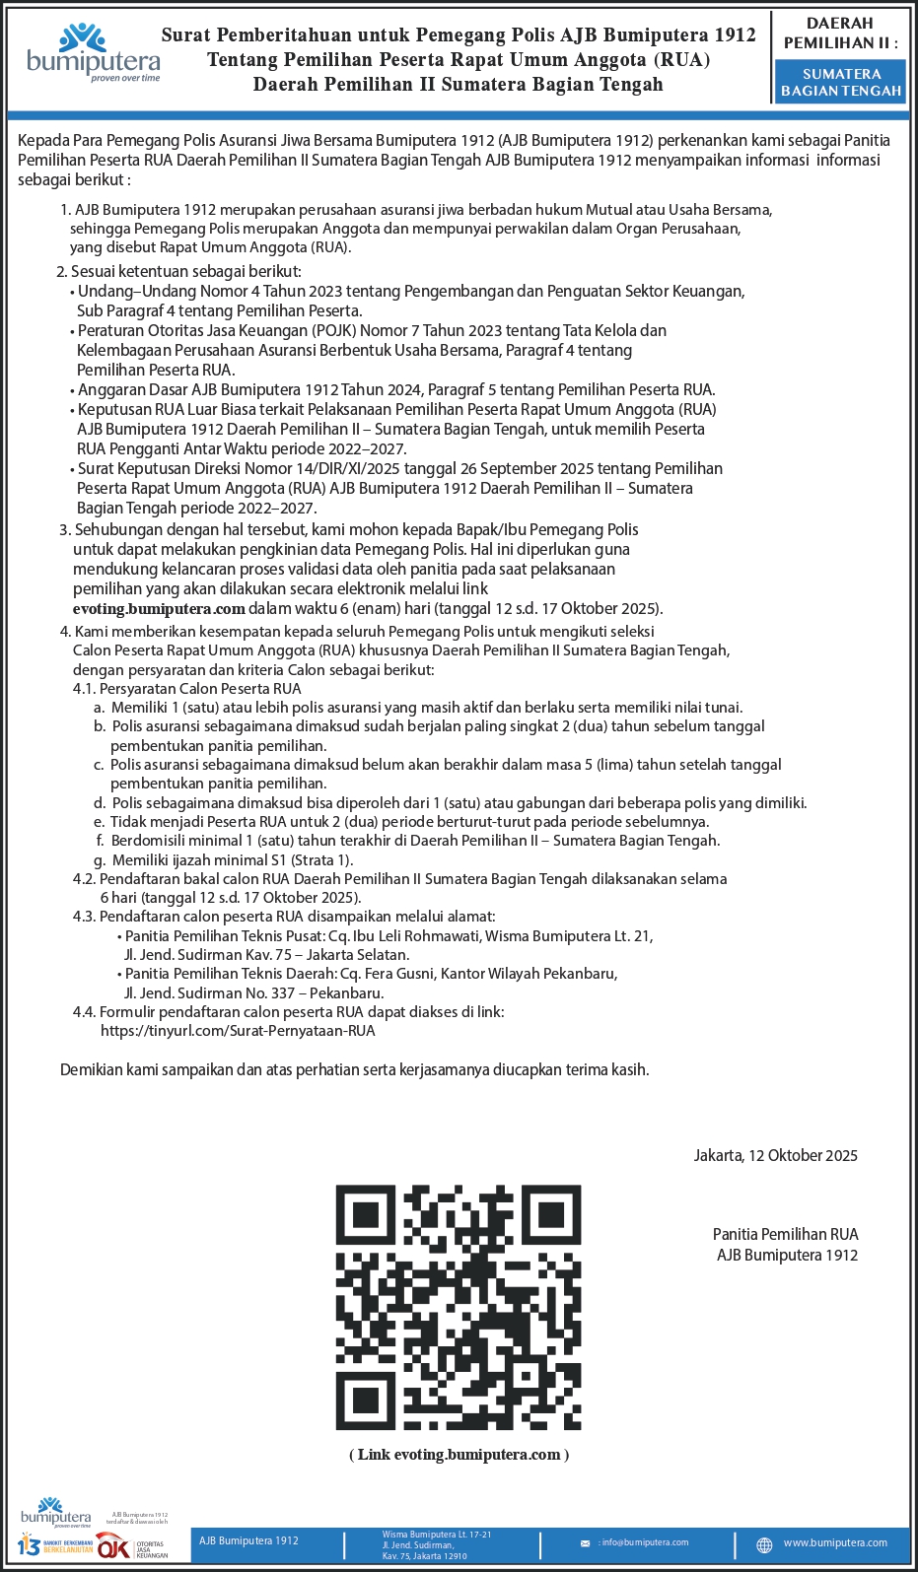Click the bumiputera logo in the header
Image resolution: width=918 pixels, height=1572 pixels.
(x=93, y=53)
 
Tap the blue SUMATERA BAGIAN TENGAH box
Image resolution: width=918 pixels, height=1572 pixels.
(x=841, y=82)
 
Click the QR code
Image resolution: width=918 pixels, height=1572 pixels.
(x=459, y=1307)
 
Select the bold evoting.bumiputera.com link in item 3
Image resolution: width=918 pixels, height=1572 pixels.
(x=159, y=608)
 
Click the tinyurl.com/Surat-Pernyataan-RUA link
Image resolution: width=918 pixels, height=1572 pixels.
(x=238, y=1031)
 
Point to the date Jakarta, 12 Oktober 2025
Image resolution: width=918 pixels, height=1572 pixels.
(x=775, y=1155)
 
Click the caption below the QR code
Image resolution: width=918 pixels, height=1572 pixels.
(x=459, y=1455)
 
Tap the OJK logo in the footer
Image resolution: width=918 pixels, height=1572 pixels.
(x=113, y=1546)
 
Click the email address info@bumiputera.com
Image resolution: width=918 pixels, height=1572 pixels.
(x=644, y=1542)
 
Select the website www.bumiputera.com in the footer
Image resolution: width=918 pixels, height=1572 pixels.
(x=835, y=1542)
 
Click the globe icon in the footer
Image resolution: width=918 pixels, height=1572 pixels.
(x=764, y=1544)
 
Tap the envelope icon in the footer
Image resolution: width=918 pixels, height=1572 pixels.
(x=585, y=1543)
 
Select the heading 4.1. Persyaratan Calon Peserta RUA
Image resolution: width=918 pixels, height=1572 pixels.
(x=186, y=689)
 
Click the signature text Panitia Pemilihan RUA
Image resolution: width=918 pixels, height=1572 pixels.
(x=785, y=1234)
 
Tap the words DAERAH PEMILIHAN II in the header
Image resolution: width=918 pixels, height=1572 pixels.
(x=840, y=33)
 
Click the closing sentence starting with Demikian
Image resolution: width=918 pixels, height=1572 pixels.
(x=354, y=1069)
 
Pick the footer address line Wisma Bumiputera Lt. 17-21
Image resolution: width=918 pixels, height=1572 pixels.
(x=436, y=1535)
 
